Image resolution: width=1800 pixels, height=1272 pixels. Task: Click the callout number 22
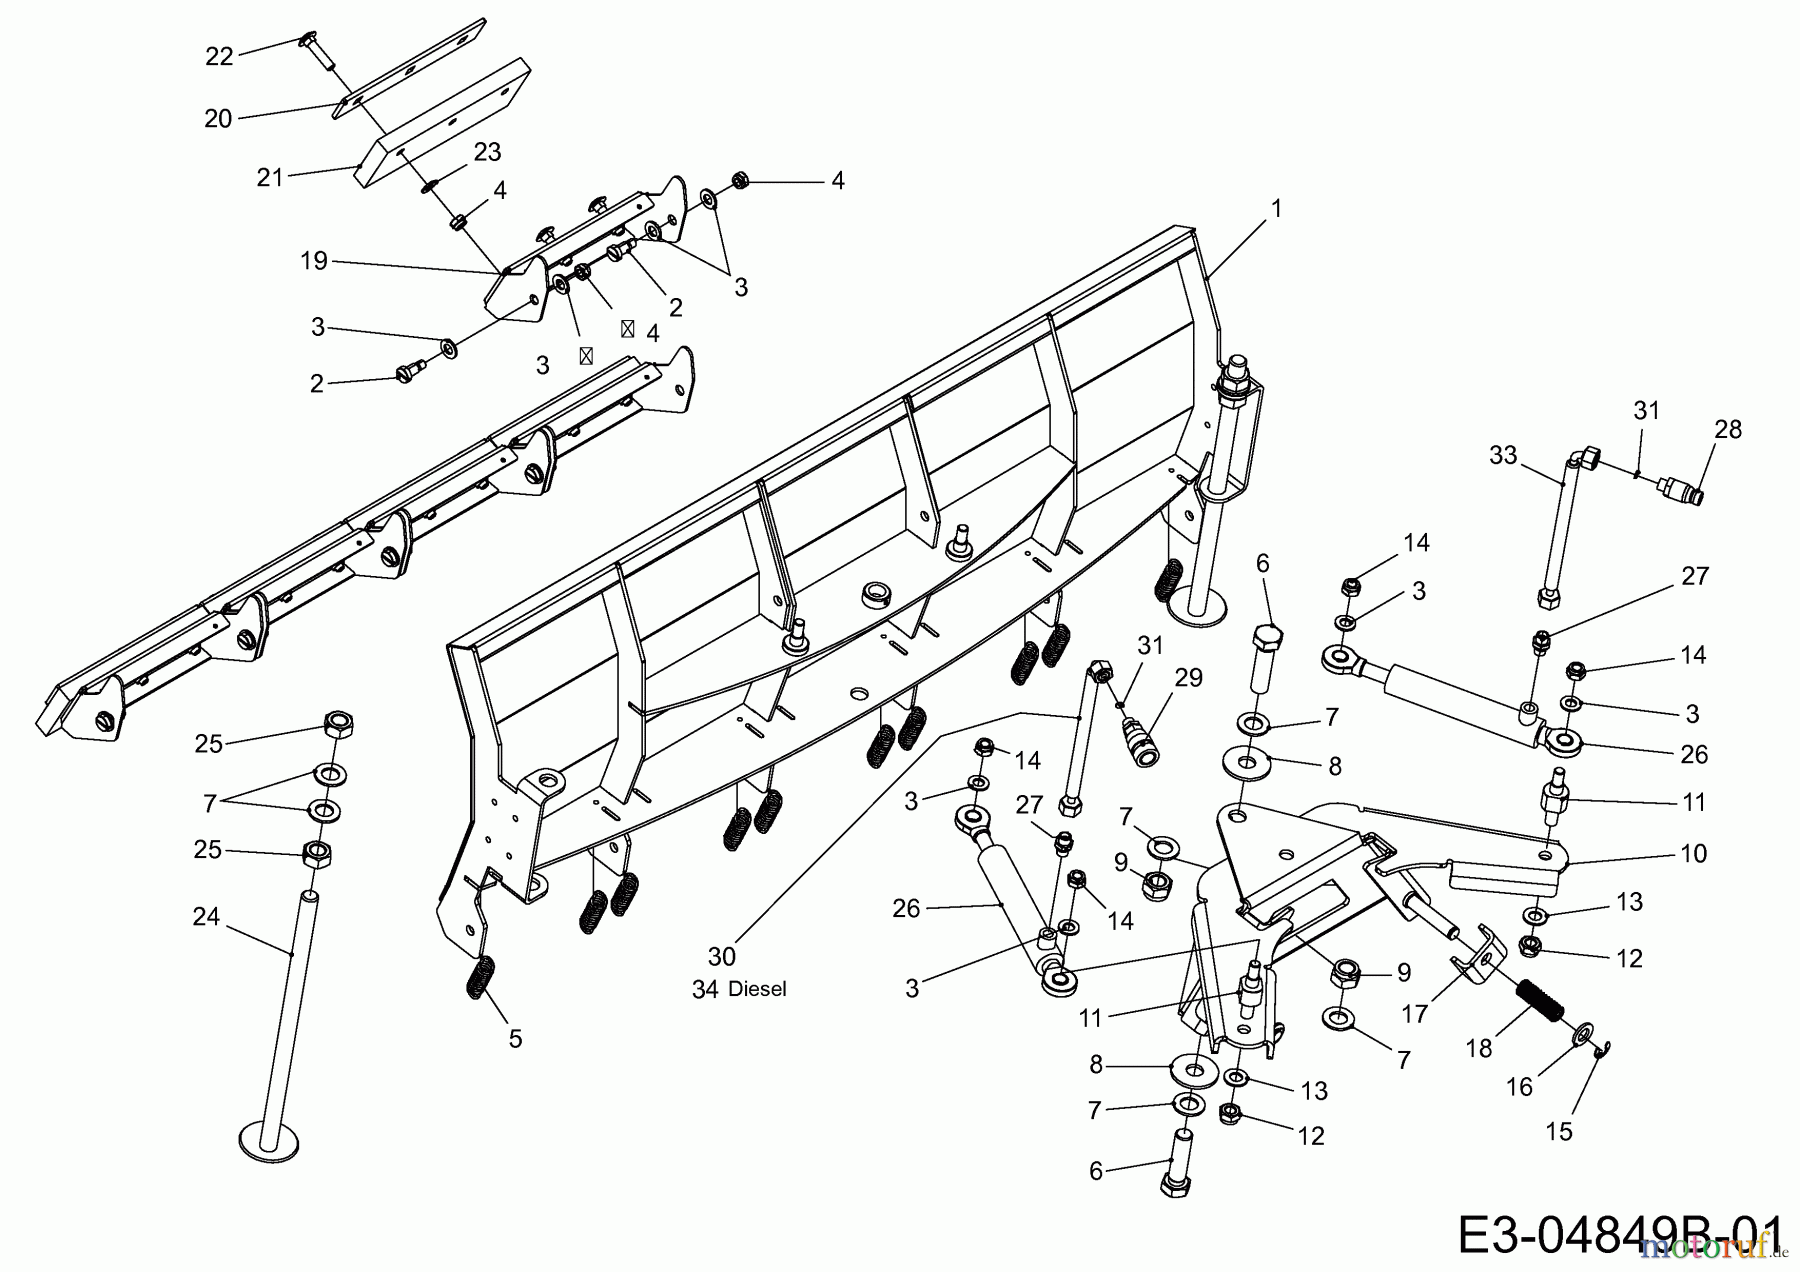[219, 57]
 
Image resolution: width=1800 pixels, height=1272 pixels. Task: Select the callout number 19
[314, 261]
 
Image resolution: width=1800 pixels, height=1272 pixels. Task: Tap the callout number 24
[206, 916]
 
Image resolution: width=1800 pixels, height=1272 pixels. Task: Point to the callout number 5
[515, 1039]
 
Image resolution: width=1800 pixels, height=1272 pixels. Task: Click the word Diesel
[757, 990]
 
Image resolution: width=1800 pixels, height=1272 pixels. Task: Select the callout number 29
[1188, 679]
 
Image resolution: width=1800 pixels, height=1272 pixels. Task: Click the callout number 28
[1727, 429]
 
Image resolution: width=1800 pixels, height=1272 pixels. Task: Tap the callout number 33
[1503, 455]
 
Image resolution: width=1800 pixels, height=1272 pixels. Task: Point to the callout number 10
[1694, 853]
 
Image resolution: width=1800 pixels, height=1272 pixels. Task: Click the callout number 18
[1479, 1047]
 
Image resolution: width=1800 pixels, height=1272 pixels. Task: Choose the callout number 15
[1559, 1131]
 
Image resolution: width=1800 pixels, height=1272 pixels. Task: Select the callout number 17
[1414, 1013]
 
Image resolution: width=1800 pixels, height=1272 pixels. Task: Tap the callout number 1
[1275, 208]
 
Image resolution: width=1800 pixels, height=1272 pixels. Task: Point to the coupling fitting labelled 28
[1683, 490]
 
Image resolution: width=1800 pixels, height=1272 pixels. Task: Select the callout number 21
[270, 177]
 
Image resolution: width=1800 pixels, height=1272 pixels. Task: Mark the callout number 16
[1519, 1086]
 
